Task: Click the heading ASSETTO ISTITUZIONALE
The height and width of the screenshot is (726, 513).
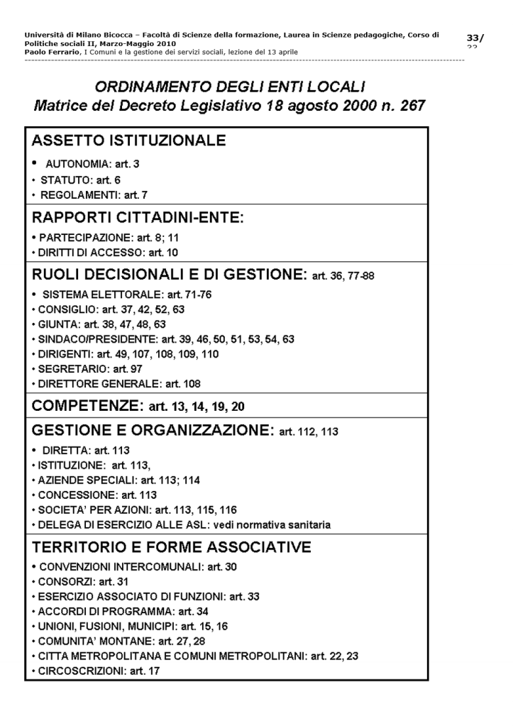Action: (x=128, y=141)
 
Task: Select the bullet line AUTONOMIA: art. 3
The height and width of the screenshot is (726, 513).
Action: (x=92, y=164)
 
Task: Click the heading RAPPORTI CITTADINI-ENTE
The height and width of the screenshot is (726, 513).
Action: (x=138, y=217)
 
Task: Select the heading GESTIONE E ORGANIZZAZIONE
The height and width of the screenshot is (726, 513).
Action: (x=152, y=430)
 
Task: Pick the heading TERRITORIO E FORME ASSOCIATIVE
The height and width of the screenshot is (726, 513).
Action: (x=172, y=547)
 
